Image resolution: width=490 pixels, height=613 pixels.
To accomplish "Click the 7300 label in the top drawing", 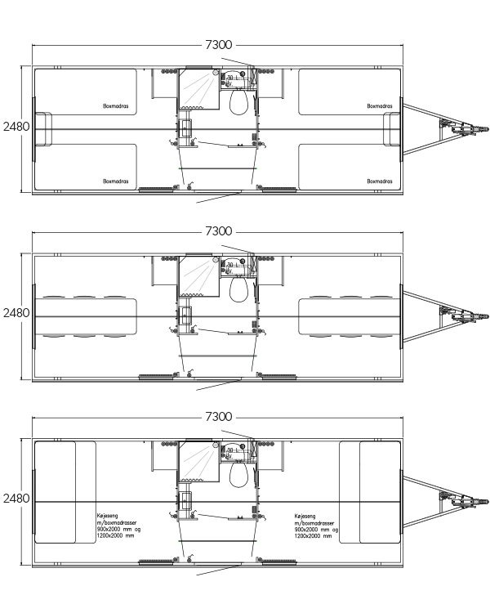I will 218,45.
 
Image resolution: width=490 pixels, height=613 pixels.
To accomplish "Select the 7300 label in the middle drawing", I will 218,231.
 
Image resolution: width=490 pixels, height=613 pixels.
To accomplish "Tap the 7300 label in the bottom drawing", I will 218,417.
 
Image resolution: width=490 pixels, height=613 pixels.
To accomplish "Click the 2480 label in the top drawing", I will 16,127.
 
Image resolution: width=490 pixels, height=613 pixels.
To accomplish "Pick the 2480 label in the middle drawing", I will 16,313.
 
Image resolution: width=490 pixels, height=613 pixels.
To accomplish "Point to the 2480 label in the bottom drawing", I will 16,499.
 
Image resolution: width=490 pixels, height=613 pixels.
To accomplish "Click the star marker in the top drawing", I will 216,73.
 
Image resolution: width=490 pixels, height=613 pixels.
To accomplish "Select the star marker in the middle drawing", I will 216,260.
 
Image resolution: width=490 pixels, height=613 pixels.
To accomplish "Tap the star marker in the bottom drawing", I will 216,445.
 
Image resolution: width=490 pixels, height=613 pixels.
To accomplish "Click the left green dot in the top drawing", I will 179,168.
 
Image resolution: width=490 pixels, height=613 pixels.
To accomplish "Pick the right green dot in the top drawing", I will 256,168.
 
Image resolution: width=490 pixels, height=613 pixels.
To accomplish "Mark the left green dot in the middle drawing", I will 179,356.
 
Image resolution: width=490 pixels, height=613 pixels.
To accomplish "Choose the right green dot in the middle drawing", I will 256,356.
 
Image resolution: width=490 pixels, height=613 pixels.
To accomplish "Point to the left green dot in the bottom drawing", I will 179,541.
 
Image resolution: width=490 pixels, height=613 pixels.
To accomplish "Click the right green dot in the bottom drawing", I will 256,541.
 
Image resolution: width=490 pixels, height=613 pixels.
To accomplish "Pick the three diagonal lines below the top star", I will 198,89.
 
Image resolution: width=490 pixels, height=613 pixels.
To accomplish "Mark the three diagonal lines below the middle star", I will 198,276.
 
